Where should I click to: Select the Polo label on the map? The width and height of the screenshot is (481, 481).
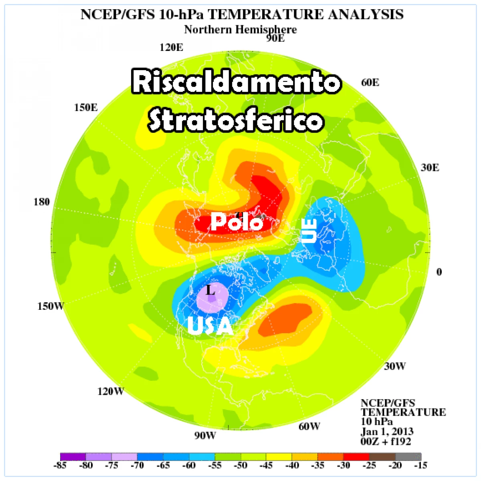pos(237,222)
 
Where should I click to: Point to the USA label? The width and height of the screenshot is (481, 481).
pos(210,326)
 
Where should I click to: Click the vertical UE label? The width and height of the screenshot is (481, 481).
pos(309,231)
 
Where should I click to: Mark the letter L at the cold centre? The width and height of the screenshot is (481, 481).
pos(210,290)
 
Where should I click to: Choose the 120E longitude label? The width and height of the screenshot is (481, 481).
pos(171,47)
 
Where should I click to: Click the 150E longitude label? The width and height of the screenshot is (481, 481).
pos(86,107)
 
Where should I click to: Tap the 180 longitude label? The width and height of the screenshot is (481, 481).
pos(42,202)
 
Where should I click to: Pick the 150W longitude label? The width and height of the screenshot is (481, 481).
pos(51,306)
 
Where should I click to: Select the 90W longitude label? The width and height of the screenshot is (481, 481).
pos(205,436)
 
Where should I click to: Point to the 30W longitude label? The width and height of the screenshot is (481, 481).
pos(395,366)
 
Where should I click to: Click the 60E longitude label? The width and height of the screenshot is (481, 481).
pos(370,83)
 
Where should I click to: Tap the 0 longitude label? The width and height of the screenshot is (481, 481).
pos(439,272)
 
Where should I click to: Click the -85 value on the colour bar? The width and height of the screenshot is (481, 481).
pos(60,465)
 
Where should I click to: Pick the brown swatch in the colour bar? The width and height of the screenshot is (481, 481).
pos(382,457)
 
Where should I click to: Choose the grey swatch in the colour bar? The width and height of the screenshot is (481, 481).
pos(408,457)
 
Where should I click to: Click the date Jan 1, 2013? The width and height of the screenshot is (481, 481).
pos(387,432)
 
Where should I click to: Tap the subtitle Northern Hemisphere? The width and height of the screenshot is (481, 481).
pos(240,30)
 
